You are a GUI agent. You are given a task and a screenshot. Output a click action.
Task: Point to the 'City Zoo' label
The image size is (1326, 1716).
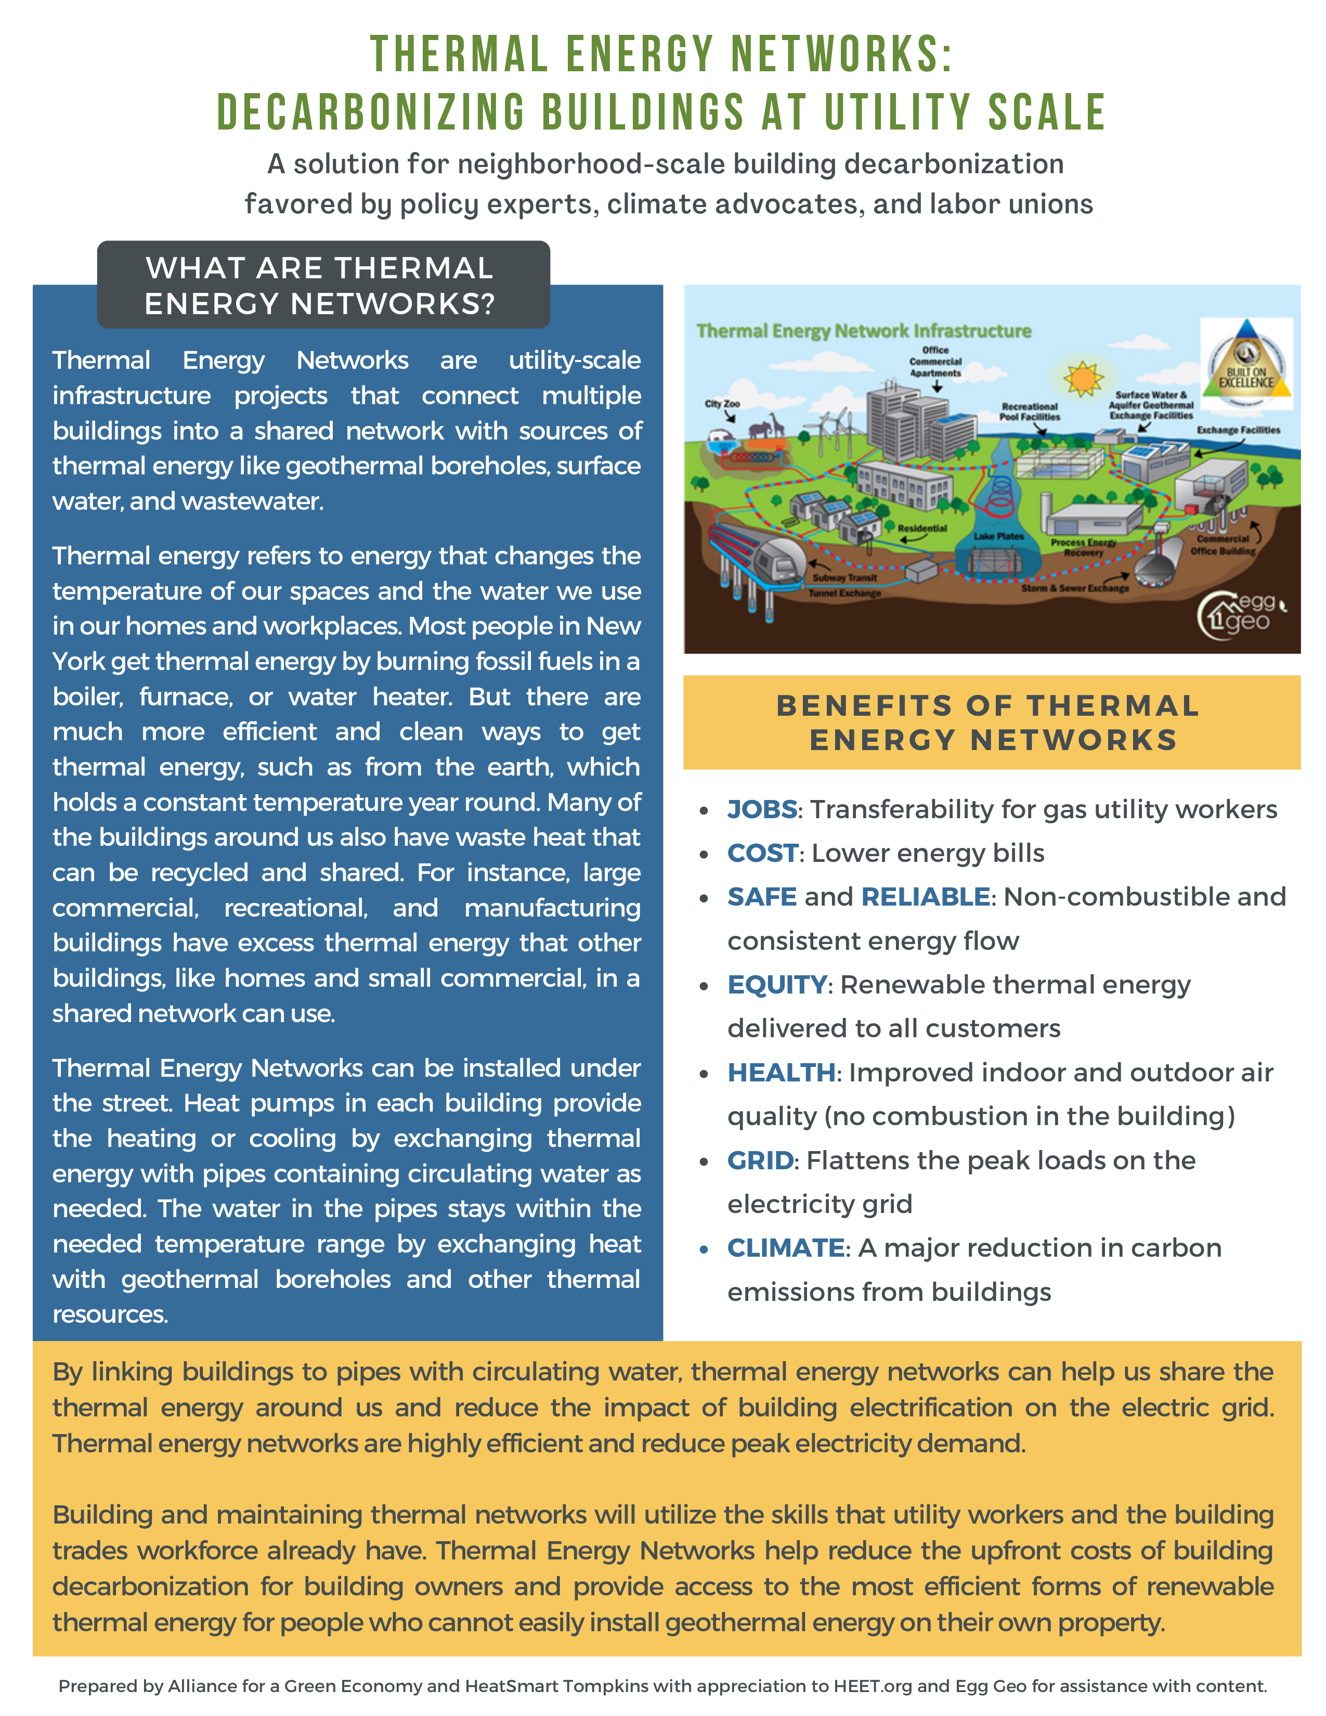tap(721, 404)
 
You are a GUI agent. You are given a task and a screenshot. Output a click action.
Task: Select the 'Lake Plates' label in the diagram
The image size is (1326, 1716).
tap(998, 536)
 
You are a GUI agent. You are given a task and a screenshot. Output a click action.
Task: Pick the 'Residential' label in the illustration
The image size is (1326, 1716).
tap(922, 528)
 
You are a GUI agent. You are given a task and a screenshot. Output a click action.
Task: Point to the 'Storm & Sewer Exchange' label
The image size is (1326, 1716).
tap(1075, 588)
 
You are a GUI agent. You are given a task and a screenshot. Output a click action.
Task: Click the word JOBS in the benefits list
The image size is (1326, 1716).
tap(761, 809)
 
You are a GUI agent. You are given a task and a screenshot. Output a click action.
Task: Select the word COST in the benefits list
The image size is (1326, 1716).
tap(762, 853)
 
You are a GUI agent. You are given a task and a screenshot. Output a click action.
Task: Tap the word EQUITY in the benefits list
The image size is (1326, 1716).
tap(776, 985)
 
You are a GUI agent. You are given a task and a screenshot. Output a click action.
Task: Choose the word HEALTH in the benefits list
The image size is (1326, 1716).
tap(781, 1073)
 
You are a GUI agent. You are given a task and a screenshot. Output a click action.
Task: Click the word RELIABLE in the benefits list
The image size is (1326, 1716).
tap(925, 897)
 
